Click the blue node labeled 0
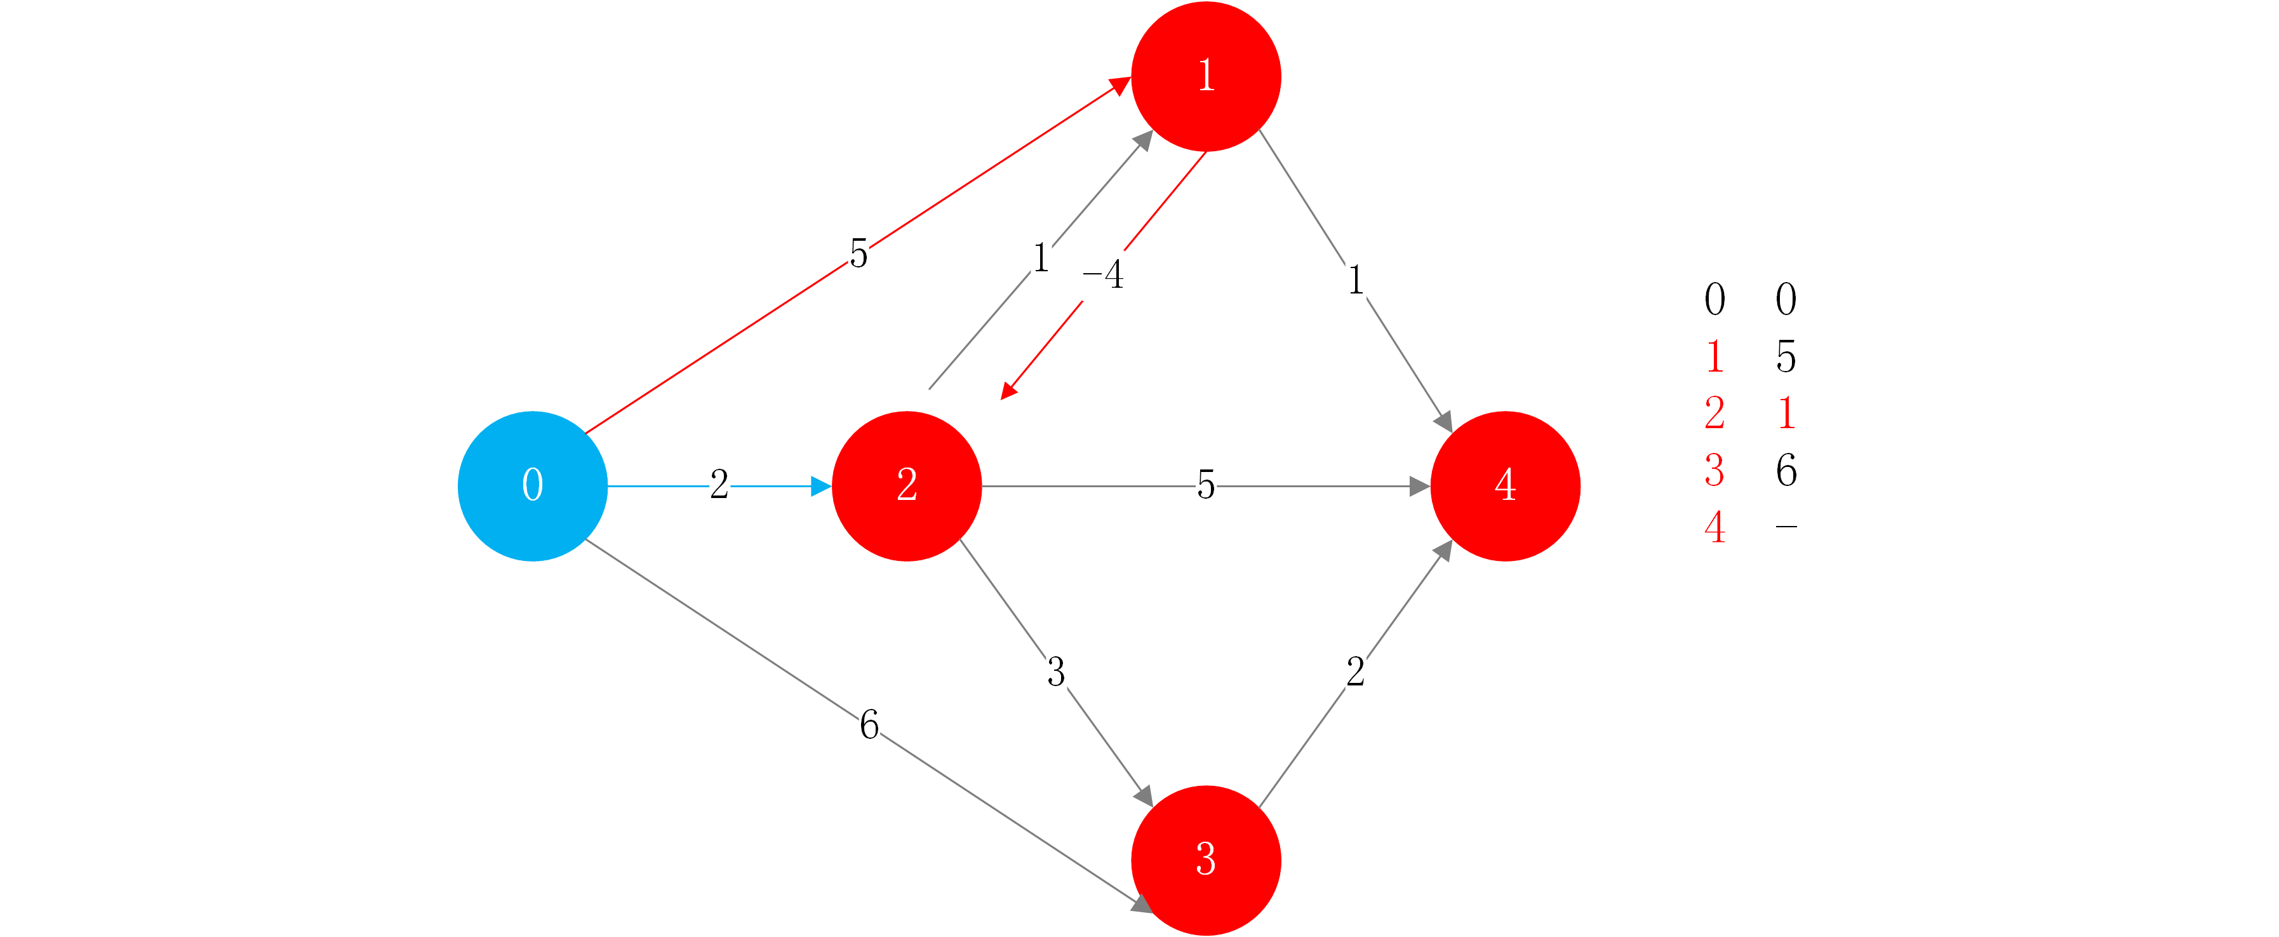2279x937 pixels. (533, 486)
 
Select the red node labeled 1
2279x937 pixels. (1206, 77)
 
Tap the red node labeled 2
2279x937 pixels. (907, 486)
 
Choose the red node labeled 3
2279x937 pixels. (1206, 859)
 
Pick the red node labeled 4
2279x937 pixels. (1505, 486)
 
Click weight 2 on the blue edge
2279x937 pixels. (719, 485)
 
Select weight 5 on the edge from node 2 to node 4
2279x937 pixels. (1205, 485)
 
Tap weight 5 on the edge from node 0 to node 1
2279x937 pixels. (858, 253)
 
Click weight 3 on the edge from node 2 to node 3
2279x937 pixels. (1055, 671)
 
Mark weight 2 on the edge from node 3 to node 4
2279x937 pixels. (1355, 671)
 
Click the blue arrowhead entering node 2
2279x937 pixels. (820, 486)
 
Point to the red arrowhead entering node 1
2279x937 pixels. (1120, 86)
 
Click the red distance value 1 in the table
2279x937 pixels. (1786, 413)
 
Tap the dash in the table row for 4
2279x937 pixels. (1786, 527)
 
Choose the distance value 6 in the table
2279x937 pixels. (1786, 470)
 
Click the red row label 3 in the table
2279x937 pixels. (1714, 470)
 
